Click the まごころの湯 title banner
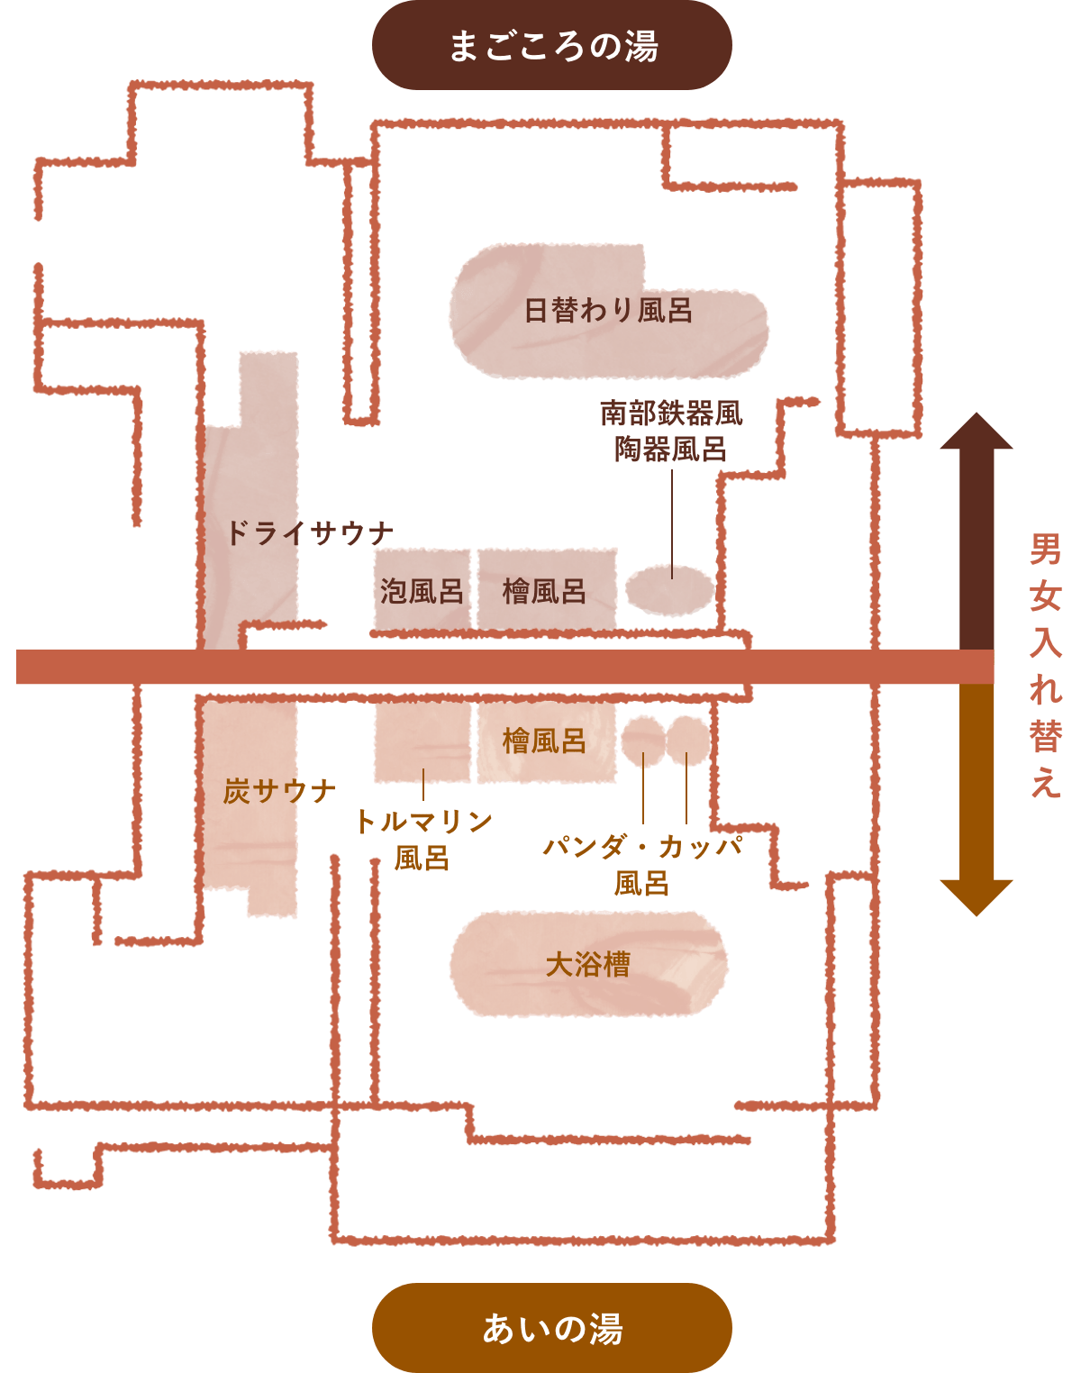551,46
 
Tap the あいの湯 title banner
551,1328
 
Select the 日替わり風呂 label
608,311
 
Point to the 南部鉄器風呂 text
671,414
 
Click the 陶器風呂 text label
671,449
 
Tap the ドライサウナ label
309,533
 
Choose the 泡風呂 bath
422,591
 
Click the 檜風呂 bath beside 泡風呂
545,591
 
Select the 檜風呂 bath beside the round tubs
545,741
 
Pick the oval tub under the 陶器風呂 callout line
669,591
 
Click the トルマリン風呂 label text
422,838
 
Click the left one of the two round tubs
642,740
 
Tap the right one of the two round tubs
688,740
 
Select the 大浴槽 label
587,965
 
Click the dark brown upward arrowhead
977,433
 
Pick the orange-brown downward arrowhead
977,896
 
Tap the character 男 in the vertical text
1046,549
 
